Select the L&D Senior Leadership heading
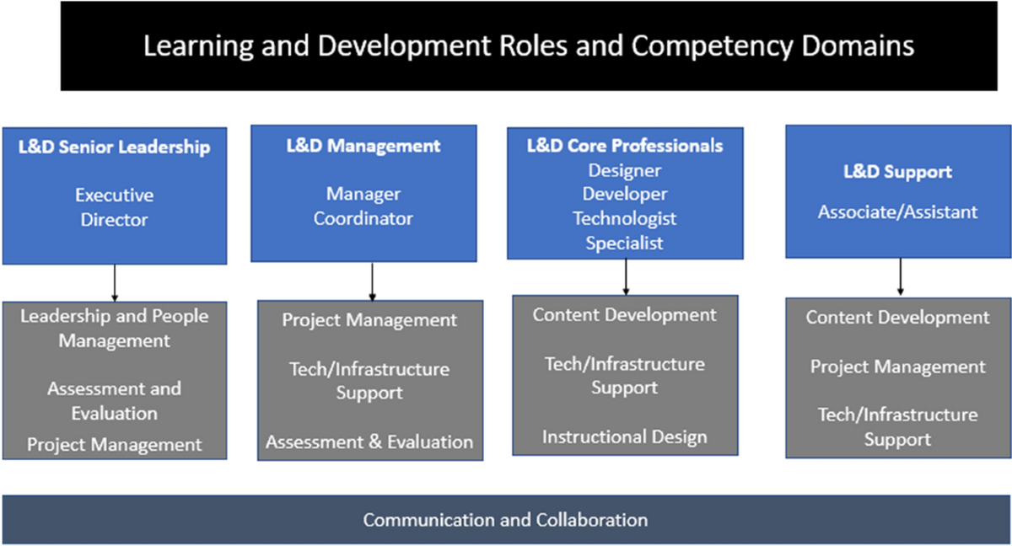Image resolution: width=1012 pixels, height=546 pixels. coord(114,147)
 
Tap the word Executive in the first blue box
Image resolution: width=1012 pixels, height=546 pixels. coord(114,195)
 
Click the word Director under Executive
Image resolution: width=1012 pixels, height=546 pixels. coord(114,220)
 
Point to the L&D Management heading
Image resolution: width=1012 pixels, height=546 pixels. coord(363,146)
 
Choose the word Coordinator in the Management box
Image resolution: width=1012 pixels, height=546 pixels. coord(363,218)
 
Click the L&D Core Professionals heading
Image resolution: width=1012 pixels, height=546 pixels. coord(625,146)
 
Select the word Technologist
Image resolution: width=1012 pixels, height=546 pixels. coord(625,218)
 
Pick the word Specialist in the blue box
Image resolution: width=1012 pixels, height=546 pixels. coord(625,243)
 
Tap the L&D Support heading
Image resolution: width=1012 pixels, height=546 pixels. coord(897,172)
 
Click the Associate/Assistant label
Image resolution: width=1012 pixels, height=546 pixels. coord(897,211)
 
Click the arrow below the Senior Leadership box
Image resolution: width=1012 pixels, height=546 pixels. coord(115,282)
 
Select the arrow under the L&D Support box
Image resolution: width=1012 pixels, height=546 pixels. coord(900,276)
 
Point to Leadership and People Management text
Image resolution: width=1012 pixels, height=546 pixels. coord(114,329)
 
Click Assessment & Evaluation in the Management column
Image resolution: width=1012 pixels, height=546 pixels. coord(369,442)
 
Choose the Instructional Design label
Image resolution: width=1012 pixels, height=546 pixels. coord(624,436)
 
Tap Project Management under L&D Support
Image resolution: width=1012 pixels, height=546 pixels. coord(897,367)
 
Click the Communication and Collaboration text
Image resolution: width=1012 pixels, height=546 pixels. coord(505,520)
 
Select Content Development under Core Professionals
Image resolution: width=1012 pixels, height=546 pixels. coord(624,315)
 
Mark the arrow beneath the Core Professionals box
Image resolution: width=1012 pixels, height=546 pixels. coord(626,276)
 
